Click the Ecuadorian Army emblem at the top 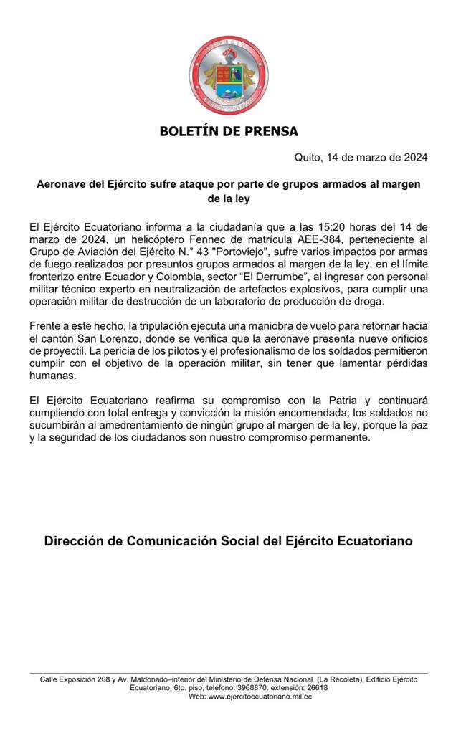click(229, 76)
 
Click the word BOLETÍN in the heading click(190, 131)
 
